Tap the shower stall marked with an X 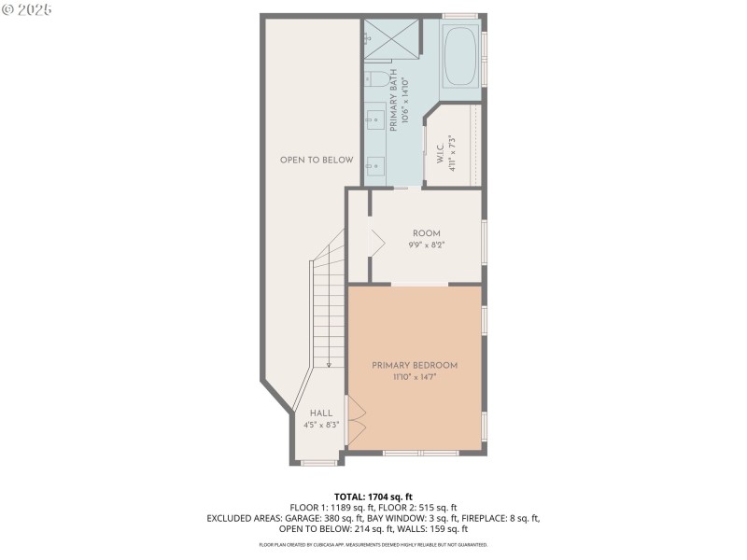click(391, 43)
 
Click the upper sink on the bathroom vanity click(373, 119)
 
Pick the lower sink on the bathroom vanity click(373, 166)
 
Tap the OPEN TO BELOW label click(317, 160)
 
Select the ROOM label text click(426, 233)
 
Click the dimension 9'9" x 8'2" click(426, 245)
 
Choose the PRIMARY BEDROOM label click(415, 365)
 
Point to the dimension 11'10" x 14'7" click(415, 377)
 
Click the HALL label click(320, 413)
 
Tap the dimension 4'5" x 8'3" click(320, 425)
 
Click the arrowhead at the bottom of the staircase click(329, 365)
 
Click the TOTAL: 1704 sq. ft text click(373, 497)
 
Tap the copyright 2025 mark click(28, 8)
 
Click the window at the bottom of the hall click(319, 462)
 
